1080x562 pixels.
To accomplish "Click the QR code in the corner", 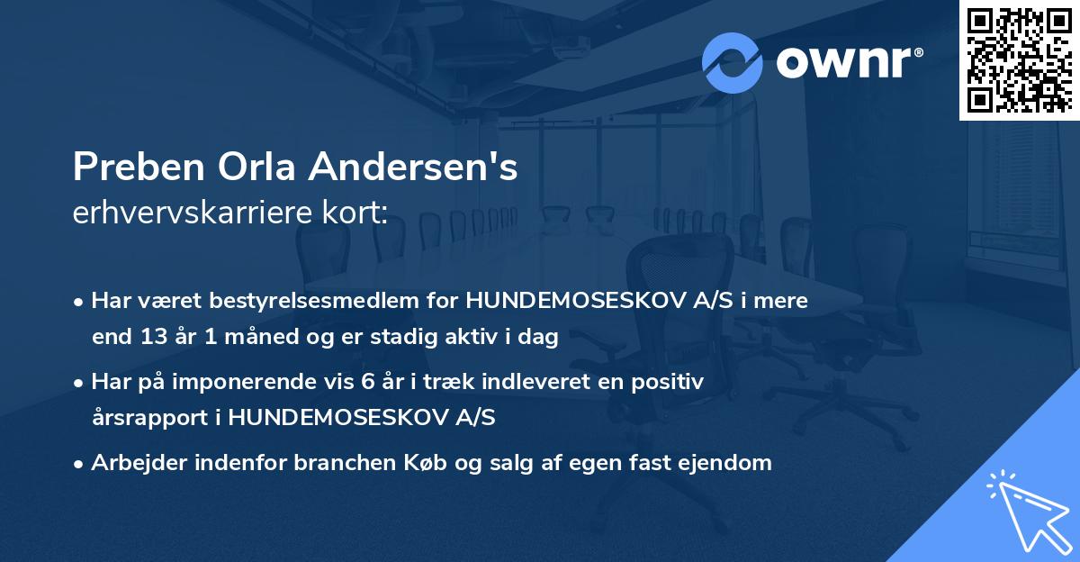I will (1019, 60).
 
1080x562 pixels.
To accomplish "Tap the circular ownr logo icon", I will (733, 63).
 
